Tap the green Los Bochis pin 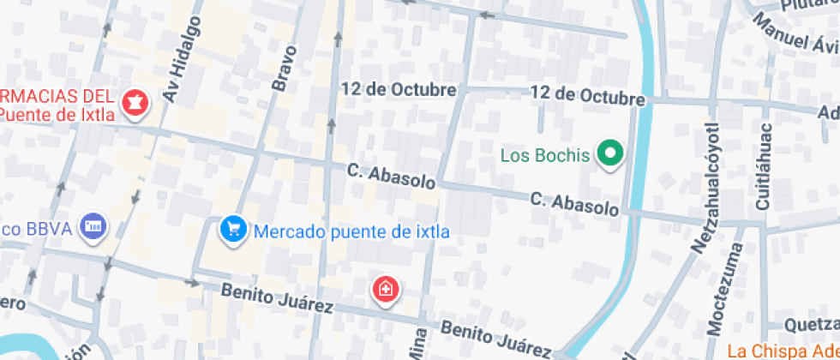(x=610, y=155)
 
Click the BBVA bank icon (x=93, y=227)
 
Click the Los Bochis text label (x=545, y=155)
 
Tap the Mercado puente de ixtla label (x=351, y=231)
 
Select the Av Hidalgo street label (x=181, y=60)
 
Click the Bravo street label (x=284, y=68)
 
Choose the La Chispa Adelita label (x=783, y=351)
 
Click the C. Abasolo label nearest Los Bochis (x=574, y=204)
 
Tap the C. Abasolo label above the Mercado (x=392, y=175)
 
